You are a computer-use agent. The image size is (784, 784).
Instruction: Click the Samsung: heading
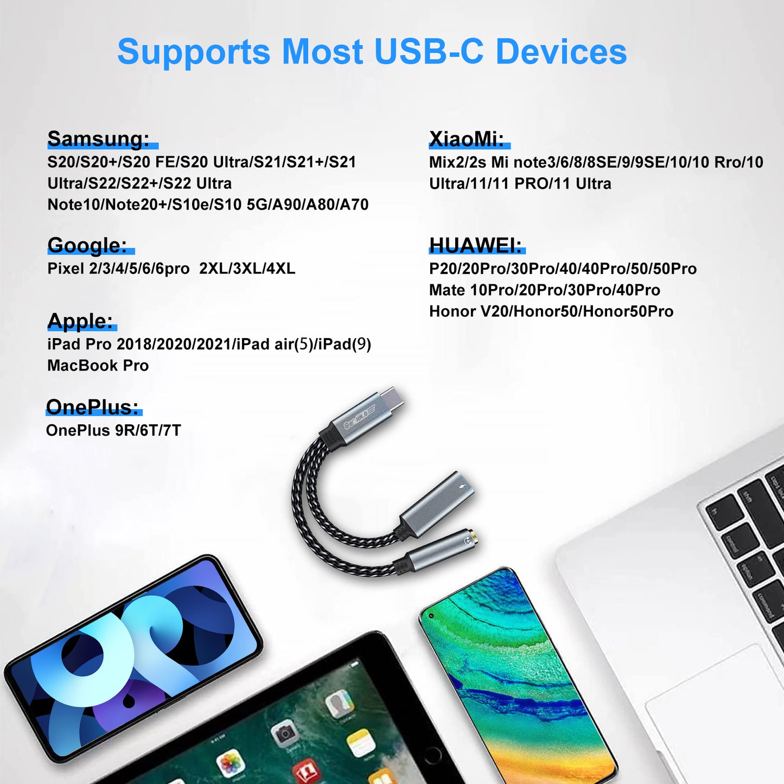(x=98, y=139)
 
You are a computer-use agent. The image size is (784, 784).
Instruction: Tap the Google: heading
(x=87, y=245)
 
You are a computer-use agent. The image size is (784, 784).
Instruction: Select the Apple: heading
(x=80, y=321)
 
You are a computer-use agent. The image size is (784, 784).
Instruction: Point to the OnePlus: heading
(x=92, y=407)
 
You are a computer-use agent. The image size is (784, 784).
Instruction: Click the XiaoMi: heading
(x=467, y=139)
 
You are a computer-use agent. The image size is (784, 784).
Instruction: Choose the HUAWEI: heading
(x=475, y=245)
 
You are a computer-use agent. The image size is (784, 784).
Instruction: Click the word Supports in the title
(x=194, y=53)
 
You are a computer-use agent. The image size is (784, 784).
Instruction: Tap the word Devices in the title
(x=561, y=53)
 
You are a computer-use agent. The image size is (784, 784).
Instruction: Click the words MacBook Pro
(x=98, y=366)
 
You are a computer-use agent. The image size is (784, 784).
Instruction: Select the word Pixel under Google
(x=65, y=269)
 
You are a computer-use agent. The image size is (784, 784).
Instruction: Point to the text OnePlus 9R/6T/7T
(x=113, y=430)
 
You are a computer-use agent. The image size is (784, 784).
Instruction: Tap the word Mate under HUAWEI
(x=447, y=290)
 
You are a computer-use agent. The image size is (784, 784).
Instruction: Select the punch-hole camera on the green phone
(x=431, y=616)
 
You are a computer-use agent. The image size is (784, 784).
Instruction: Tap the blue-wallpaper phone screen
(x=136, y=656)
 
